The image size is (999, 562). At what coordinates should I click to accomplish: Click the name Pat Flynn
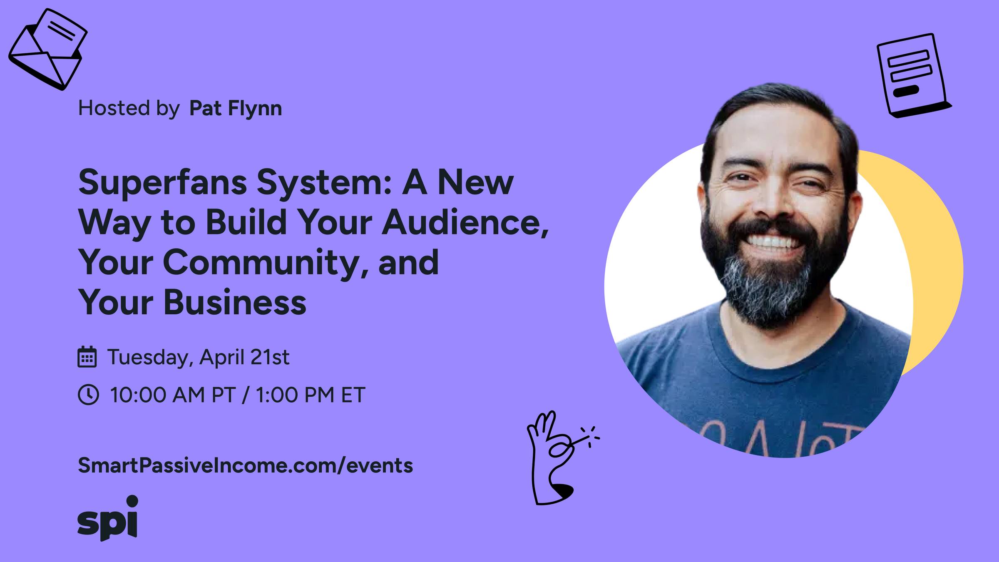click(x=236, y=108)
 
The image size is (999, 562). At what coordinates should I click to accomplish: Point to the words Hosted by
click(x=129, y=108)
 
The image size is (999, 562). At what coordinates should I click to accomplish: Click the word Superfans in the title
click(x=162, y=183)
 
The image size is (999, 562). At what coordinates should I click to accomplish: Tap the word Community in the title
click(x=261, y=263)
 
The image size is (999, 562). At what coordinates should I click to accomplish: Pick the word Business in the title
click(x=235, y=303)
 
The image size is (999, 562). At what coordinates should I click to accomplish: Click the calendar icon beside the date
click(x=87, y=357)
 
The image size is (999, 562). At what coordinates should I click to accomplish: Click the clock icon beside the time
click(x=88, y=395)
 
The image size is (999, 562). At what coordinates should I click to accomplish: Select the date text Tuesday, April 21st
click(x=199, y=357)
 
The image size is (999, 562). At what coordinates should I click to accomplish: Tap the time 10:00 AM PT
click(x=173, y=395)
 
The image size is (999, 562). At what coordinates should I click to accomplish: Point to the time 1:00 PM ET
click(x=310, y=395)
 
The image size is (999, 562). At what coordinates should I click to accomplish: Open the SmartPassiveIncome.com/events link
click(x=245, y=465)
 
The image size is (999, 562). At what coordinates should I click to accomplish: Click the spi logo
click(x=108, y=519)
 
